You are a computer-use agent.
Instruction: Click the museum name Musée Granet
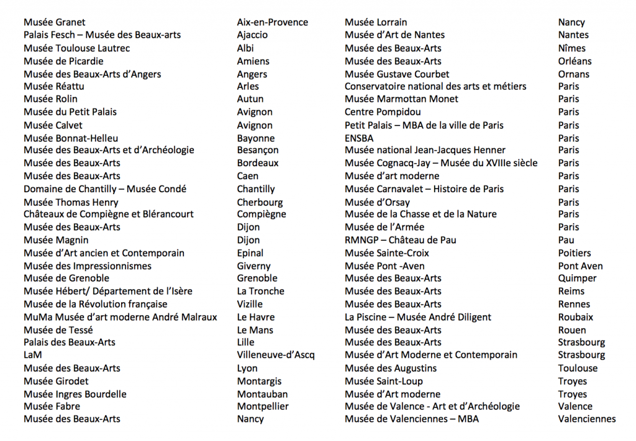click(55, 22)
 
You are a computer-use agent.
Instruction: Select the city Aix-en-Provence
click(272, 22)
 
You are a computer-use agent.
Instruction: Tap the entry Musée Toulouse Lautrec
click(77, 48)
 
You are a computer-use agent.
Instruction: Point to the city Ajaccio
click(252, 35)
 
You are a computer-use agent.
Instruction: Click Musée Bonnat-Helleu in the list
click(71, 138)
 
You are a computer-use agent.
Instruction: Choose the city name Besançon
click(258, 150)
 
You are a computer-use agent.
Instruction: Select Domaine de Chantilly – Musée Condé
click(105, 189)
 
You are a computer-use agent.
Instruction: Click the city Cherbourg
click(260, 202)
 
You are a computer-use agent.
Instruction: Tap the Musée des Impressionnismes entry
click(88, 266)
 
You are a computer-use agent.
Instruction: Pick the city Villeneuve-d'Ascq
click(276, 355)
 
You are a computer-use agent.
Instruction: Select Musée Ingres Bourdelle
click(75, 394)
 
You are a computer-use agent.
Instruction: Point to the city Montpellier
click(263, 407)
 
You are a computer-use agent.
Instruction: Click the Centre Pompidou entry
click(383, 112)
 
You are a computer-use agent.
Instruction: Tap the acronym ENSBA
click(360, 138)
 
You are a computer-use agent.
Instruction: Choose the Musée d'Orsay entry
click(377, 202)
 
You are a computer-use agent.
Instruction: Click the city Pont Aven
click(580, 266)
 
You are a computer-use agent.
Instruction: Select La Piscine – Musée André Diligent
click(418, 317)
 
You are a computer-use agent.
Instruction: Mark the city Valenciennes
click(587, 419)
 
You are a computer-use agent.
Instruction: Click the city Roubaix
click(575, 317)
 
